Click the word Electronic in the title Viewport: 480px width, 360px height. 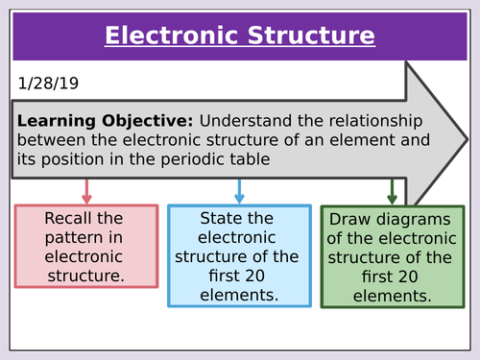tap(161, 36)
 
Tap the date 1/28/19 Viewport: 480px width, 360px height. tap(45, 84)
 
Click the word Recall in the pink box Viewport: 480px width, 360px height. tap(68, 219)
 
